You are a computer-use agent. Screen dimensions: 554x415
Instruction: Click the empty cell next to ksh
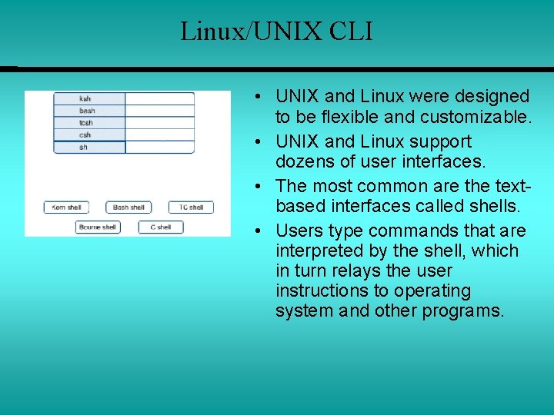coord(159,98)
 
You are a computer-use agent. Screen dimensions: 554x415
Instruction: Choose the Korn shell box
coord(66,207)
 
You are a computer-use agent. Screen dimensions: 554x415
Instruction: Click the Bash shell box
coord(128,207)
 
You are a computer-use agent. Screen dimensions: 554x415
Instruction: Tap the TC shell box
coord(191,207)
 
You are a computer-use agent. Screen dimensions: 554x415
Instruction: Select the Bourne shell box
coord(98,227)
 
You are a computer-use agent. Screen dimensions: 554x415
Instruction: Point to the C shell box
coord(160,227)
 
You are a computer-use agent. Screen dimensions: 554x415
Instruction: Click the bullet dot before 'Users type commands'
coord(262,231)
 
